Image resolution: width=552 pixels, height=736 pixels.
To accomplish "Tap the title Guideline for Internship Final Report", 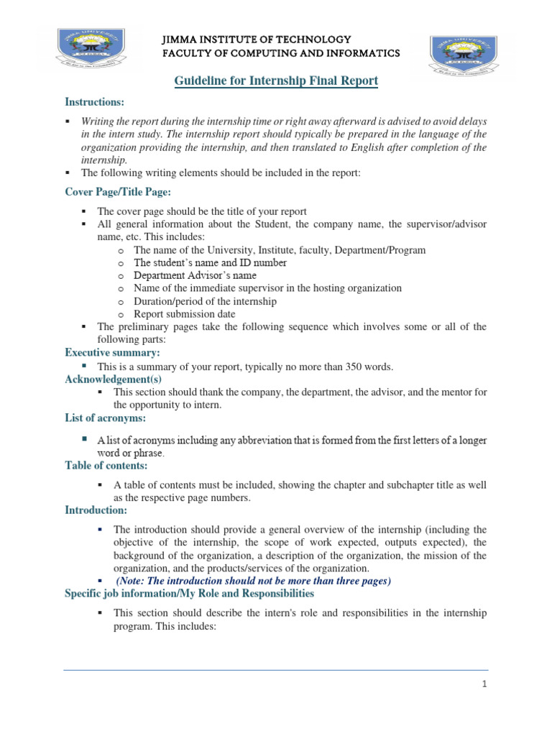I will pyautogui.click(x=276, y=80).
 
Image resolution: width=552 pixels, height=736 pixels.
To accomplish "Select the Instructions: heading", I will pyautogui.click(x=95, y=102).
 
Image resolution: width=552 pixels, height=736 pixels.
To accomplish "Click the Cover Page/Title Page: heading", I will pyautogui.click(x=118, y=192).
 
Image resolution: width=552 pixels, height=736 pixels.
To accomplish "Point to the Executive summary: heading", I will pyautogui.click(x=112, y=353).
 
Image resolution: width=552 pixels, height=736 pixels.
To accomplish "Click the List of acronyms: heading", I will pyautogui.click(x=106, y=418).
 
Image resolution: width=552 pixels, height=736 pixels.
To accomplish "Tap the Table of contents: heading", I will pyautogui.click(x=106, y=466).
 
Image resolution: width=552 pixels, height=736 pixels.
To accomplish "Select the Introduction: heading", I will pyautogui.click(x=96, y=510).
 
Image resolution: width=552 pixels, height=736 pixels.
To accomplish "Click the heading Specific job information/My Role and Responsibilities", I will pyautogui.click(x=189, y=593).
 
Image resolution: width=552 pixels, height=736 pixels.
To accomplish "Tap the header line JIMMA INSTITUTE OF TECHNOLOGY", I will pyautogui.click(x=257, y=39).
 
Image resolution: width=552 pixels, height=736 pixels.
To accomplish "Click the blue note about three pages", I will pyautogui.click(x=253, y=580).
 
